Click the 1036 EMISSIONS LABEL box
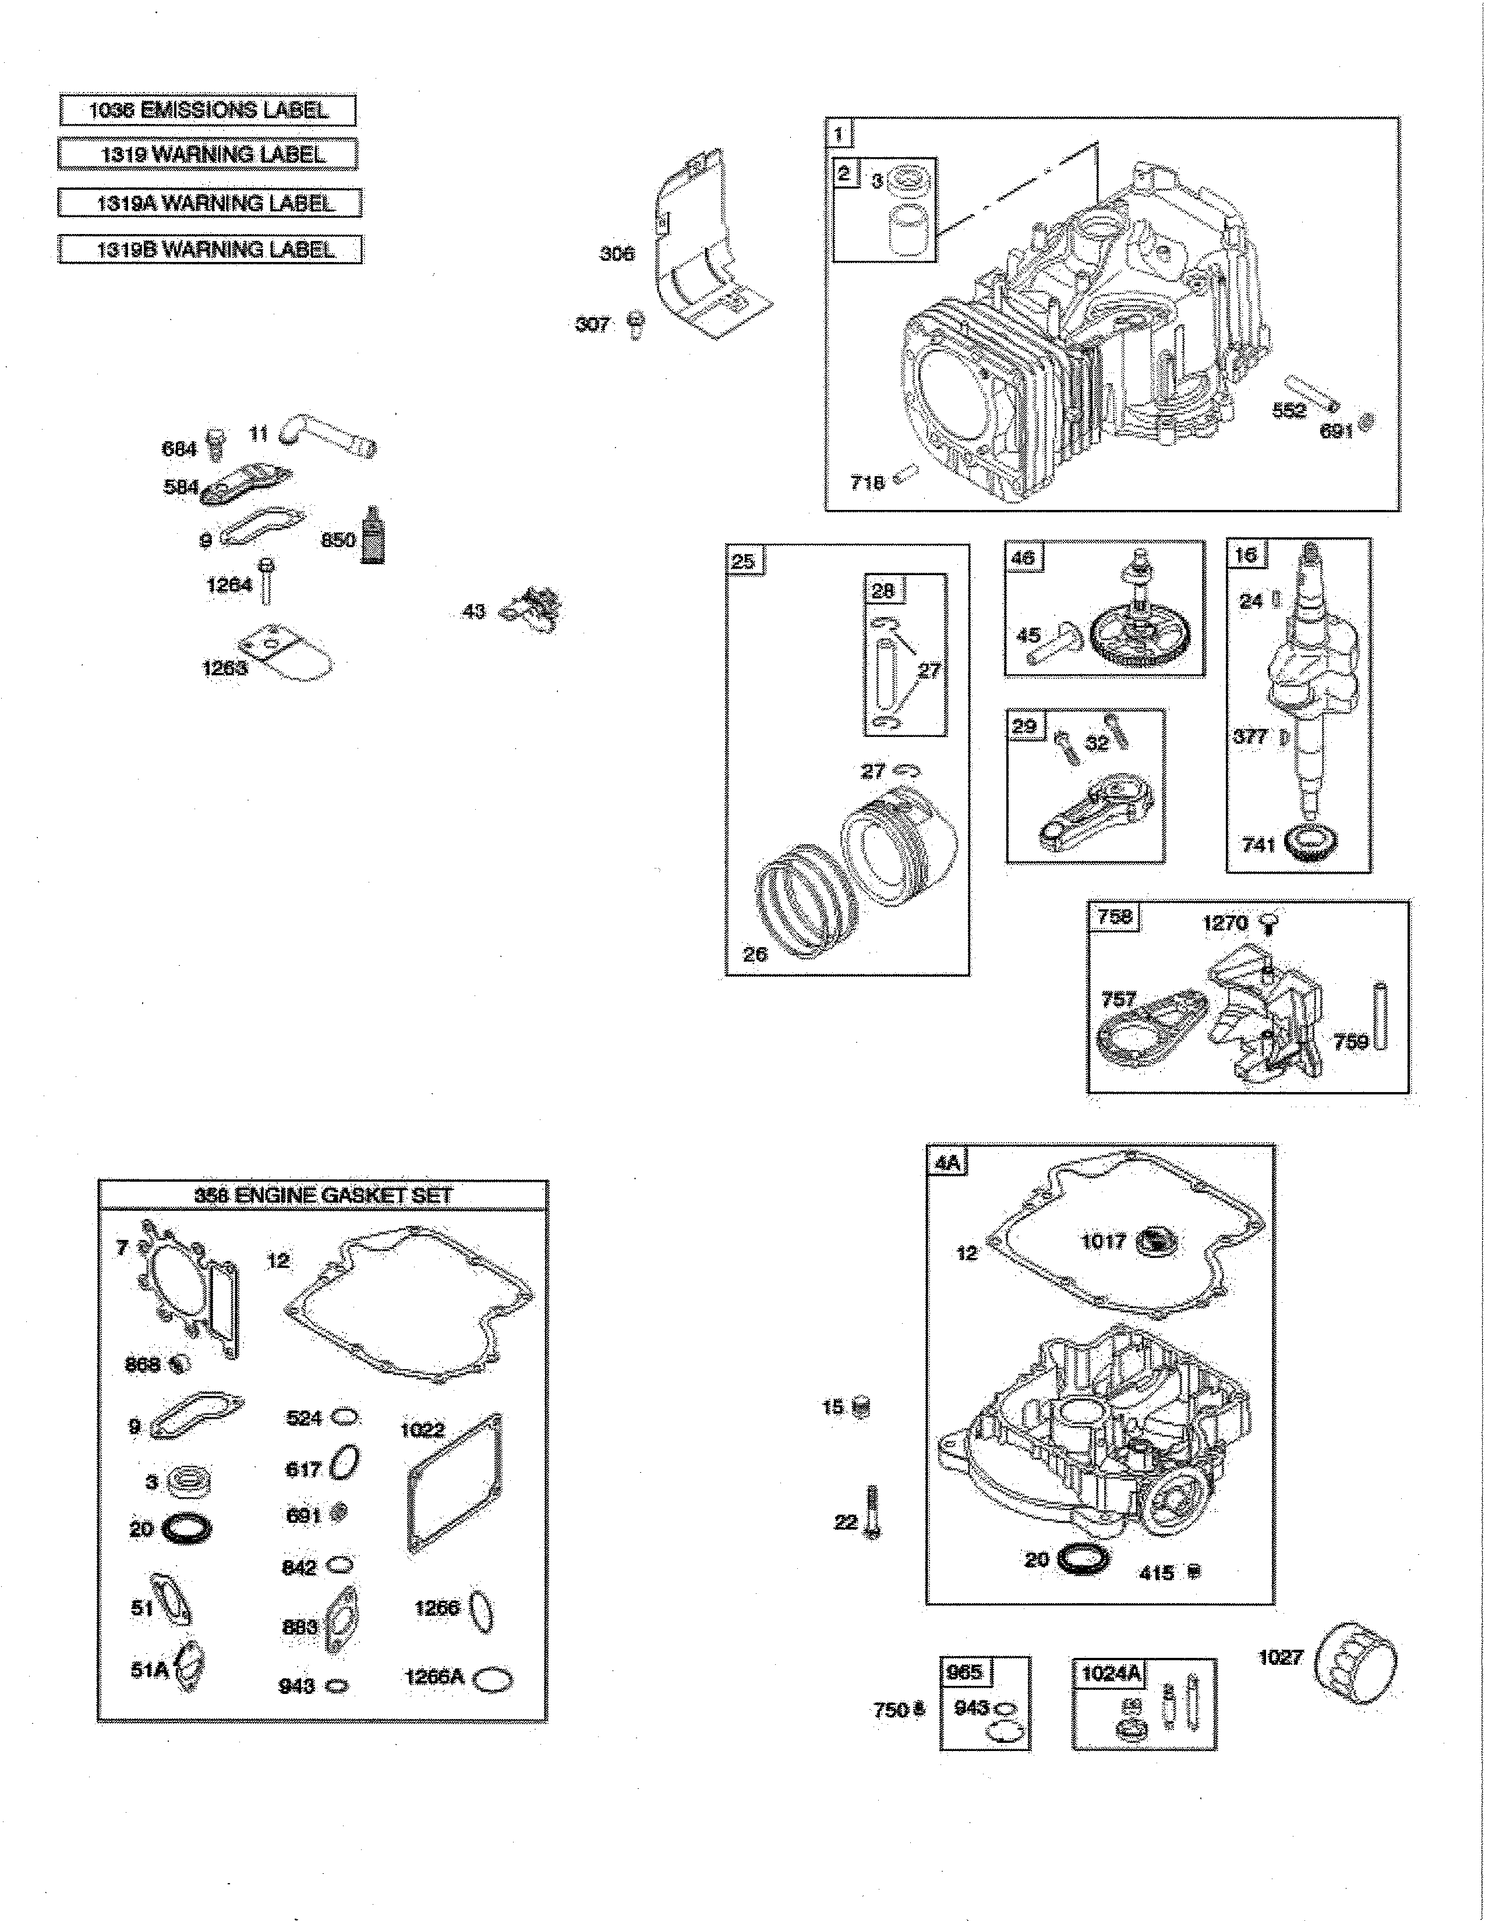tap(208, 111)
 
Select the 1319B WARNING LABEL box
tap(210, 249)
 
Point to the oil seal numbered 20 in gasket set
tap(188, 1528)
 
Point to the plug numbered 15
tap(862, 1408)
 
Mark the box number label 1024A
tap(1110, 1672)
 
